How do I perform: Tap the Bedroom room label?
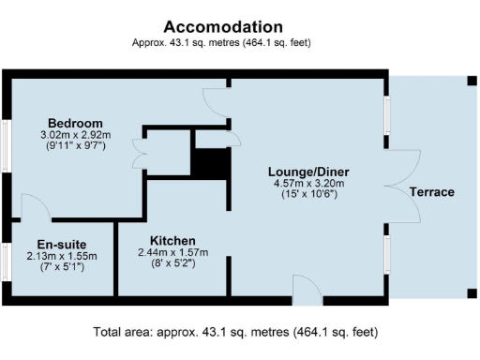[x=75, y=124]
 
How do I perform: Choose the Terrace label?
[x=431, y=192]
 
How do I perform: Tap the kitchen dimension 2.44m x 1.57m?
[x=172, y=252]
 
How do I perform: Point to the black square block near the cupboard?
[x=210, y=163]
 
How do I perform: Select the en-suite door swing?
[x=30, y=206]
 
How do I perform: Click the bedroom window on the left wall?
[x=5, y=147]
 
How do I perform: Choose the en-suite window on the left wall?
[x=5, y=259]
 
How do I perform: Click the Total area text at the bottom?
[x=236, y=332]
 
